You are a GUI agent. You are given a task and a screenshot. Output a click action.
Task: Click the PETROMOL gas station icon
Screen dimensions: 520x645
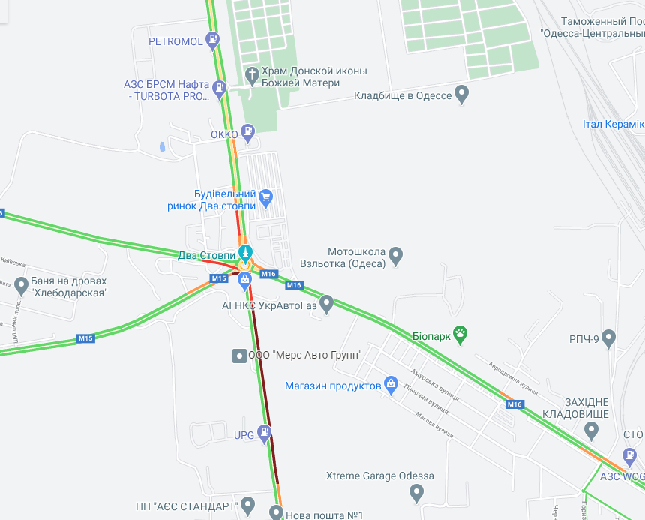214,40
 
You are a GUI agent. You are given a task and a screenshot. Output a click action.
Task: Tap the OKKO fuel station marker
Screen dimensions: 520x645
248,134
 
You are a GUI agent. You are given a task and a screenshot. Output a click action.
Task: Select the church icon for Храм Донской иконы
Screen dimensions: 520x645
252,74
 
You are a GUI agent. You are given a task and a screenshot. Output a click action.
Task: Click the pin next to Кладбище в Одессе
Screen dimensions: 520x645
462,94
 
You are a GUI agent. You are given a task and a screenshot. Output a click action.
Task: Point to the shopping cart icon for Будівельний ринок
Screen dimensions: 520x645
265,198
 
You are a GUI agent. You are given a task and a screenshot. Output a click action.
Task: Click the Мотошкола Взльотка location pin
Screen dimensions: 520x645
395,256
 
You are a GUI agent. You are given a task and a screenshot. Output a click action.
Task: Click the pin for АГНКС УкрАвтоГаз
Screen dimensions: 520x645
326,303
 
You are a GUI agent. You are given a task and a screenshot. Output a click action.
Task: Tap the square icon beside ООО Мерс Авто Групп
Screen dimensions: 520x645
238,355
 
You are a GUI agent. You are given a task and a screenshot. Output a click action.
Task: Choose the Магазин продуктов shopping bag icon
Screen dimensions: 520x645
391,385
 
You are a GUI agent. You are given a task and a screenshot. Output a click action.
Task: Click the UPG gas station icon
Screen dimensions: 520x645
265,433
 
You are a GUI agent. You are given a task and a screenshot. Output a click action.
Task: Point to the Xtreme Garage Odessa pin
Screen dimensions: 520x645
418,492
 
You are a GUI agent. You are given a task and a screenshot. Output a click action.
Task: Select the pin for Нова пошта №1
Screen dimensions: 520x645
277,513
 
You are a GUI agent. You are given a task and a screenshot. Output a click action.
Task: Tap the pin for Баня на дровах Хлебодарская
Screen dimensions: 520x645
21,285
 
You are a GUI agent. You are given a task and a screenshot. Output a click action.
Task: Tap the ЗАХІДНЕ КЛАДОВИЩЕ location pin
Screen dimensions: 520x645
591,431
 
